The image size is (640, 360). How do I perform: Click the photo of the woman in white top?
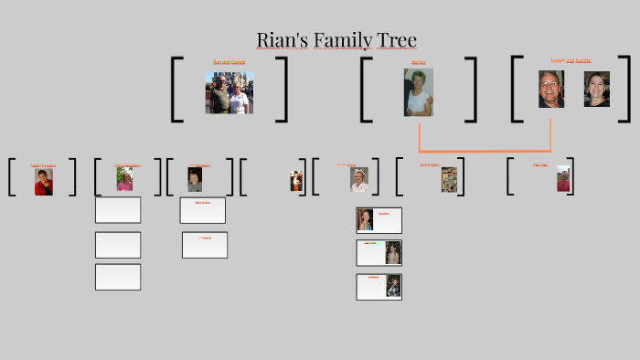pyautogui.click(x=419, y=92)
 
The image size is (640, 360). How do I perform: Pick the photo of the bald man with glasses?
pyautogui.click(x=551, y=90)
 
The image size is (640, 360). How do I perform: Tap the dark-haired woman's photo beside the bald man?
pyautogui.click(x=597, y=90)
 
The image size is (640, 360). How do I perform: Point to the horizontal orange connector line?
pyautogui.click(x=485, y=151)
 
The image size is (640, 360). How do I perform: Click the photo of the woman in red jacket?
pyautogui.click(x=43, y=181)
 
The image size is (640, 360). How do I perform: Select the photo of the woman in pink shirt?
pyautogui.click(x=124, y=179)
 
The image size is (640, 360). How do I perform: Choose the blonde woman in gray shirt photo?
pyautogui.click(x=195, y=179)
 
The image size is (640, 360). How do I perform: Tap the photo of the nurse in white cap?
pyautogui.click(x=359, y=179)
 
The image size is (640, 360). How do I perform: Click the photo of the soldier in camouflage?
pyautogui.click(x=449, y=179)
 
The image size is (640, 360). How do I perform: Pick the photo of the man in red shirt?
pyautogui.click(x=563, y=178)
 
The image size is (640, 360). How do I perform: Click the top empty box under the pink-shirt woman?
pyautogui.click(x=118, y=210)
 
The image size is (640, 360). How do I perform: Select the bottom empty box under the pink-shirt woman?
pyautogui.click(x=118, y=277)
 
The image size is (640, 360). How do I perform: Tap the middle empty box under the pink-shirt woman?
pyautogui.click(x=118, y=245)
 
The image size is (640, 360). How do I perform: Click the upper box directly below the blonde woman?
pyautogui.click(x=203, y=210)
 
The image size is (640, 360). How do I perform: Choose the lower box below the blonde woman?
pyautogui.click(x=205, y=245)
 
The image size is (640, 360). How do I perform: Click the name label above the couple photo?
pyautogui.click(x=229, y=62)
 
